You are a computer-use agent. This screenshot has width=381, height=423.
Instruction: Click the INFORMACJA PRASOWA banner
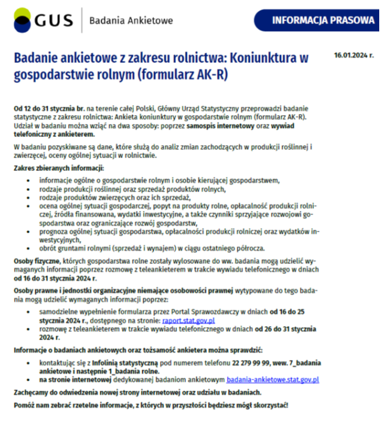323,20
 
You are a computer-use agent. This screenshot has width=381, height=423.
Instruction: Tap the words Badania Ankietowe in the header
131,21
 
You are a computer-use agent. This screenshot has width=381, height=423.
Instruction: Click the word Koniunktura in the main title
260,58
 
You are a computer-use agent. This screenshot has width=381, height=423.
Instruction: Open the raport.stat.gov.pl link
188,321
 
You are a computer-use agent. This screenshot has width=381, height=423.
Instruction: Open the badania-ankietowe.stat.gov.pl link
272,380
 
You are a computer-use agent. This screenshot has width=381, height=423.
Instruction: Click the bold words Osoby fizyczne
36,260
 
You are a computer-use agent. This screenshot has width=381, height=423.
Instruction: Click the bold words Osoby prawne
34,291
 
